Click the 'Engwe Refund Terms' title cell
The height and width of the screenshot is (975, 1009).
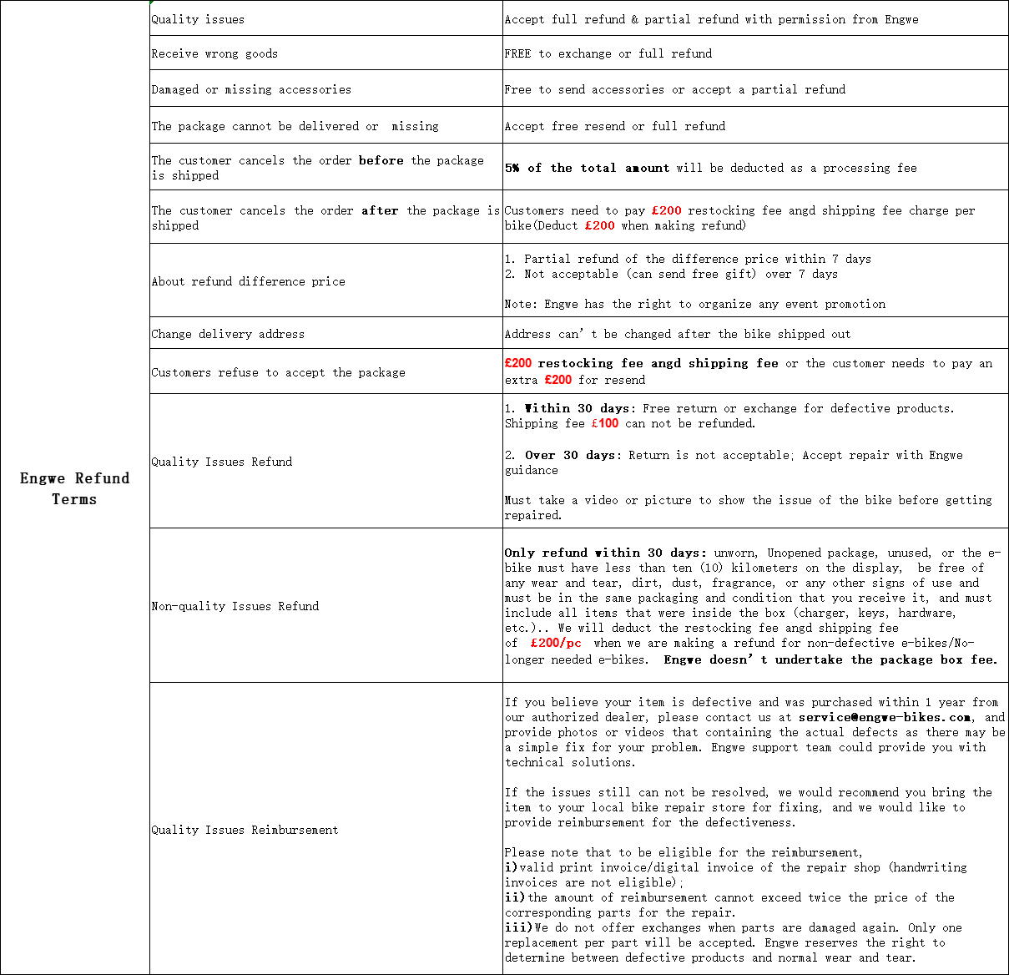(74, 488)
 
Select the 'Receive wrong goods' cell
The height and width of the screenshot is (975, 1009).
(214, 53)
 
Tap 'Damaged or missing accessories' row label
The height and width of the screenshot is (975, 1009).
(251, 89)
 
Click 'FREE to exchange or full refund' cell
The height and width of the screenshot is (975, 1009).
(608, 53)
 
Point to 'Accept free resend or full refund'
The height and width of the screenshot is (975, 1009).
(614, 126)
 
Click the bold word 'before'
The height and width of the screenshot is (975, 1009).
(381, 160)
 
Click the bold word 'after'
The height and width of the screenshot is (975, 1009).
(380, 210)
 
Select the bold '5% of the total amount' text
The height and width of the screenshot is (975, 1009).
(587, 168)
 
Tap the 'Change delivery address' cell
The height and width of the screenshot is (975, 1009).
(228, 334)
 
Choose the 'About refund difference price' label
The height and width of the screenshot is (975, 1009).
(248, 281)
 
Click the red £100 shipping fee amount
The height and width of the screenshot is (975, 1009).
(605, 423)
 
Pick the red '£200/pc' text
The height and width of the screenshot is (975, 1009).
(556, 643)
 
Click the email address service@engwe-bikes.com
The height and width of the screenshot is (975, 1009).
(885, 717)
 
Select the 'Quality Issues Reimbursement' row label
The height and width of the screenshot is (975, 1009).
(245, 830)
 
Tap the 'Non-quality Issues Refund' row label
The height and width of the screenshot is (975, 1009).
(235, 606)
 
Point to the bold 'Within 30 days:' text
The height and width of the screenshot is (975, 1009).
(579, 408)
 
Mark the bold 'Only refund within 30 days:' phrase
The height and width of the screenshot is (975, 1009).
(605, 553)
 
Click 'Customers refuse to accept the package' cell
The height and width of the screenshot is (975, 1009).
(278, 372)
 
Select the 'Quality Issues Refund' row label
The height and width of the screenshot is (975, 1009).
(221, 462)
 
